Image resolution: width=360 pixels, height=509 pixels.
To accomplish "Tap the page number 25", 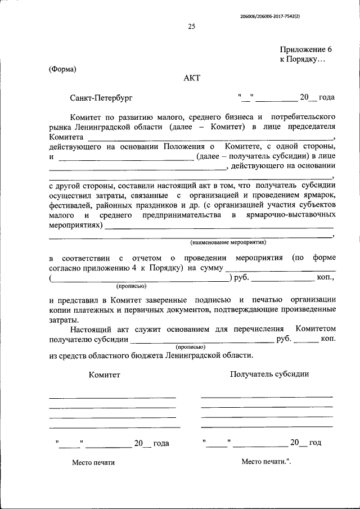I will coord(192,26).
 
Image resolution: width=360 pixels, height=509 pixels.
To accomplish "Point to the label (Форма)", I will coord(62,69).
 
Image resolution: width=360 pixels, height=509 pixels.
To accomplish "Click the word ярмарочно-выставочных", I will coord(294,215).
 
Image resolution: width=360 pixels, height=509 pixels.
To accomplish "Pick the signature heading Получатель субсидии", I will coord(269,374).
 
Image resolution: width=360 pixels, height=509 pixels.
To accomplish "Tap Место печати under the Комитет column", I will coord(93,462).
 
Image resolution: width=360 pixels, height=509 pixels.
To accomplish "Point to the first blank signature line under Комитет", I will coord(112,398).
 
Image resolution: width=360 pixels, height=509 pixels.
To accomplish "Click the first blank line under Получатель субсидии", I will coord(267,397).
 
